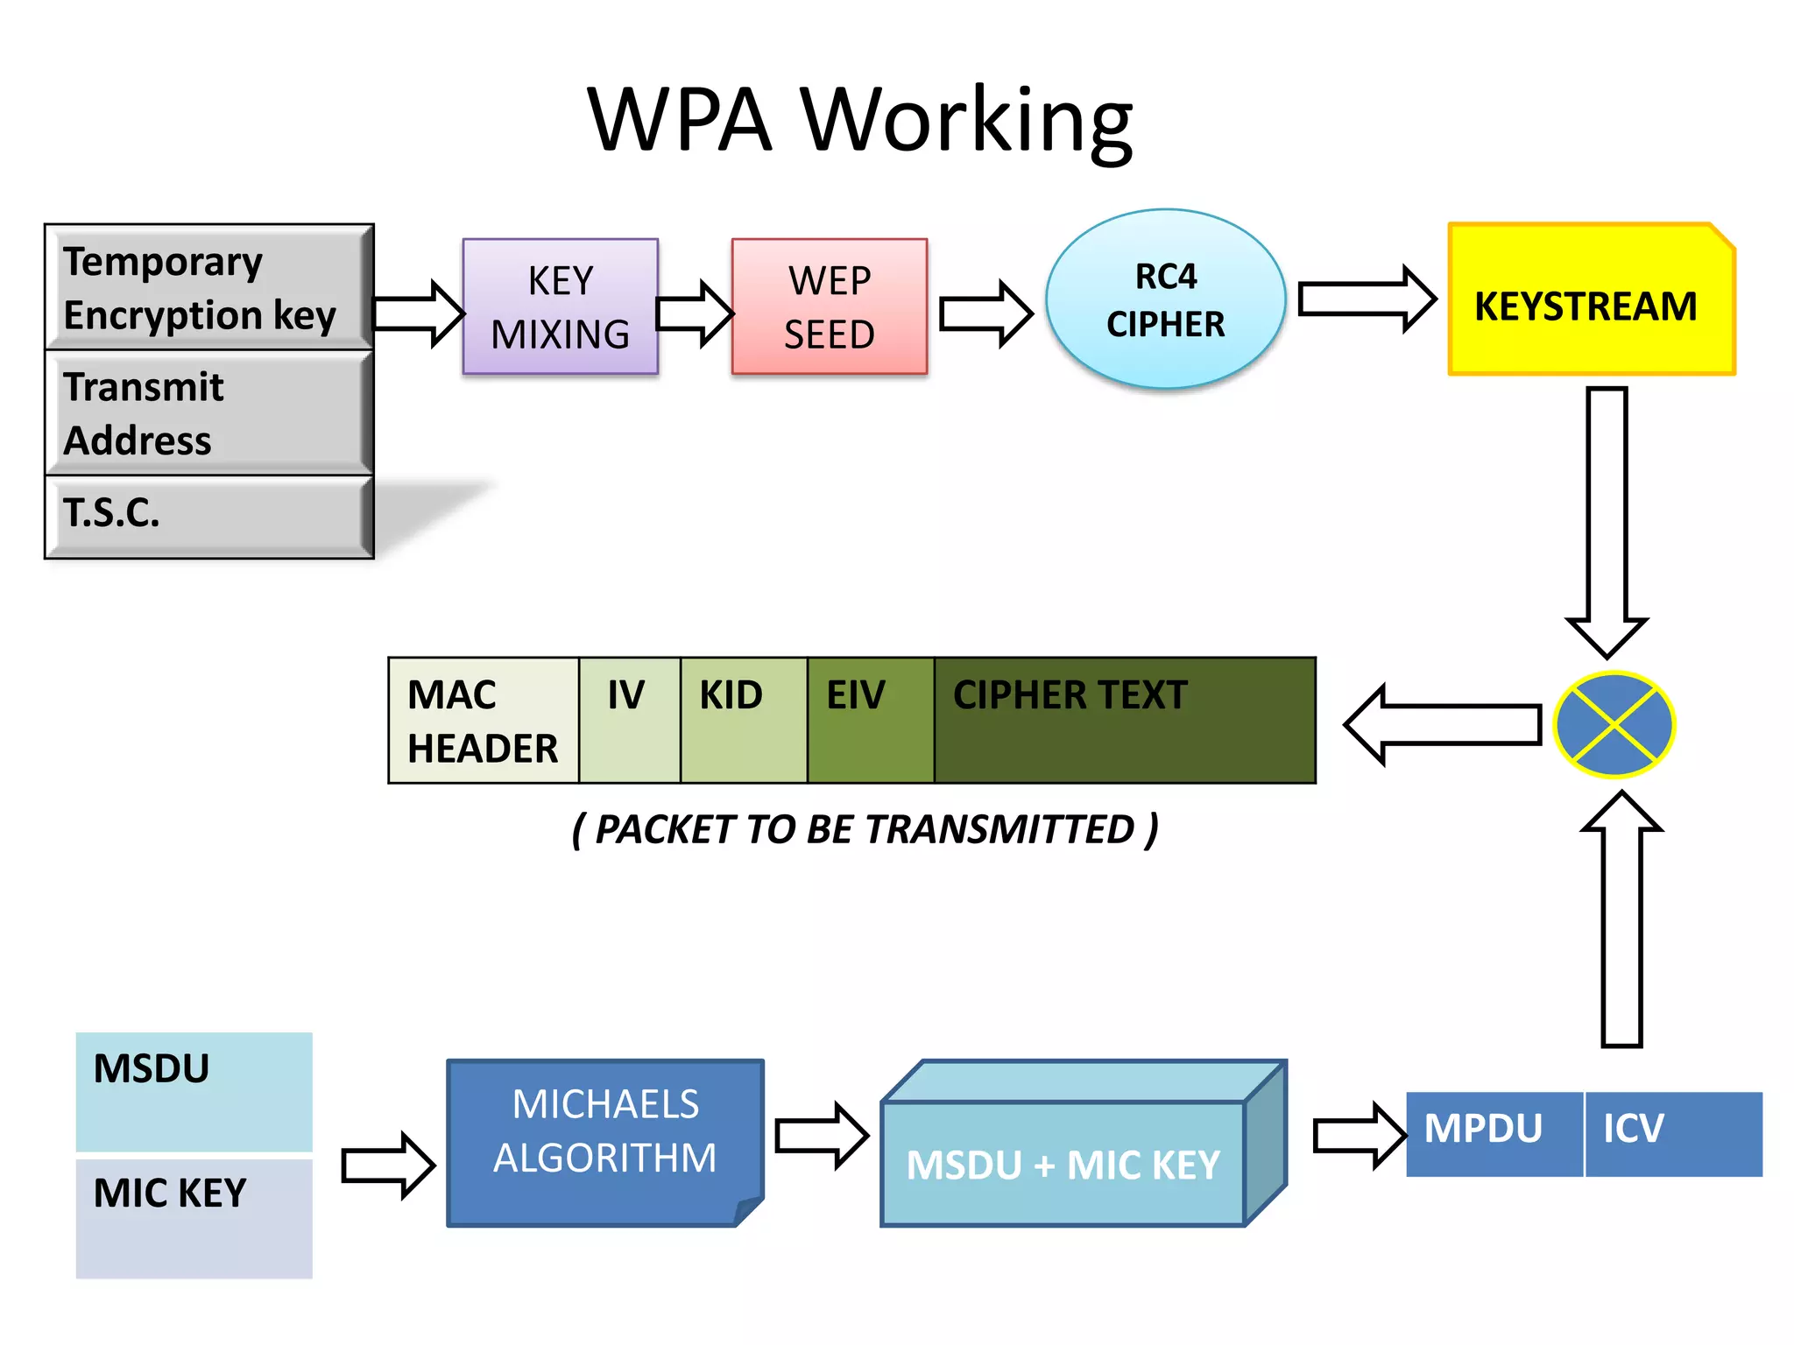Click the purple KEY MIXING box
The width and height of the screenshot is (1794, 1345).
pos(560,306)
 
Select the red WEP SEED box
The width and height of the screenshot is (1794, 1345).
pos(829,306)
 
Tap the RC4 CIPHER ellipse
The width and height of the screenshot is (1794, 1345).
pos(1165,299)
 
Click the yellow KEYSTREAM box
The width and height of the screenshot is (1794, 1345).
pos(1590,299)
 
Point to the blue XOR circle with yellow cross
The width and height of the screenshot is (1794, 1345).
pos(1614,725)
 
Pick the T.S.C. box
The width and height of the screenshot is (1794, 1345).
pos(208,517)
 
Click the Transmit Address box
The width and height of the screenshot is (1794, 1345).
pos(208,412)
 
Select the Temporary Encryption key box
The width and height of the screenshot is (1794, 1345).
pos(208,287)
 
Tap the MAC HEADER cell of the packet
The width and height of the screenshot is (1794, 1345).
pos(483,721)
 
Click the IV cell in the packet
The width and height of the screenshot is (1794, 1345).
pos(629,721)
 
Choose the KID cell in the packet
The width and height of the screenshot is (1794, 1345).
pos(743,721)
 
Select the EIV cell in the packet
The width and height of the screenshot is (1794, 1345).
pos(870,721)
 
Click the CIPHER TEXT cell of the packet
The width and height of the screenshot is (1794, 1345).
pos(1124,721)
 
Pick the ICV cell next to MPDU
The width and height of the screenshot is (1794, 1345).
pos(1671,1133)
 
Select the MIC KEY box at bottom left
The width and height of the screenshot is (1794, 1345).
pos(194,1218)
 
